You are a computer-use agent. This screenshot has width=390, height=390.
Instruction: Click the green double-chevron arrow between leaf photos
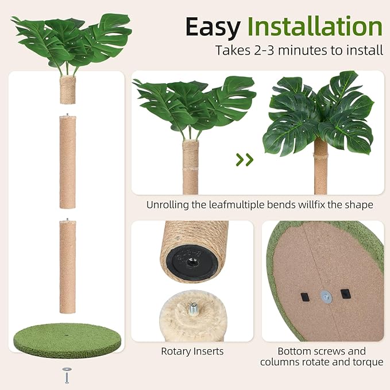point(245,160)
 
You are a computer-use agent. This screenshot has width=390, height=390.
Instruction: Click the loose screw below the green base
point(68,375)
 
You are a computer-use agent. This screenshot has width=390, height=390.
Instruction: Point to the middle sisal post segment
point(68,163)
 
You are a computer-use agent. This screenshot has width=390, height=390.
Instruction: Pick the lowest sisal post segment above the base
point(68,267)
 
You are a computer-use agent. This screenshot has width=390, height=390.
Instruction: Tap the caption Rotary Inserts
point(192,351)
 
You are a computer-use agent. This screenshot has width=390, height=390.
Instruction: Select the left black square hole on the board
point(304,297)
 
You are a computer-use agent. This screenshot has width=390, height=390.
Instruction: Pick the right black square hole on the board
point(345,293)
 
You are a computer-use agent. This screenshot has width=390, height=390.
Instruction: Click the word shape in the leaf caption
point(360,204)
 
